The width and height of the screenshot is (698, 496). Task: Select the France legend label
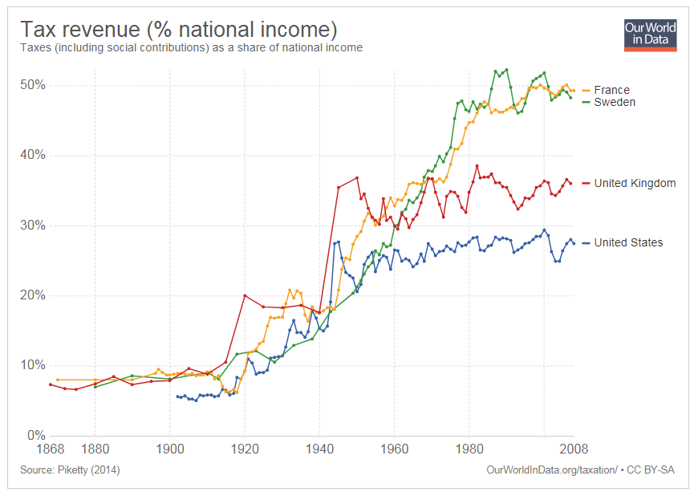coord(611,90)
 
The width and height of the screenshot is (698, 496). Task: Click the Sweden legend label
coord(615,102)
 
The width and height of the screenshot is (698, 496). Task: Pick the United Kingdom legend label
coord(635,183)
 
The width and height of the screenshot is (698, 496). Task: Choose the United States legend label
coord(628,242)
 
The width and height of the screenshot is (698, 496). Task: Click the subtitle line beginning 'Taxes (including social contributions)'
coord(191,47)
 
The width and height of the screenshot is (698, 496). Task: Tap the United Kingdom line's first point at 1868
coord(50,384)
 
